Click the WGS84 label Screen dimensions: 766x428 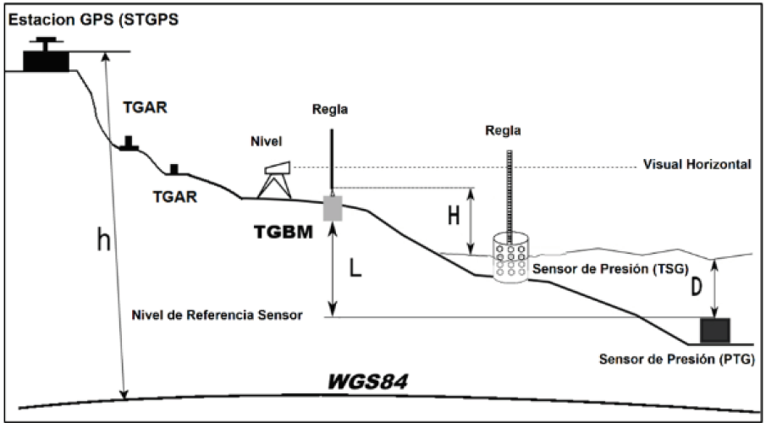[x=367, y=381]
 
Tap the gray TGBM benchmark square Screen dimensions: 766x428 [x=333, y=208]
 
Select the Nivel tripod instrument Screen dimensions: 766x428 [x=275, y=180]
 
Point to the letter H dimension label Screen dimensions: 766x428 [x=454, y=215]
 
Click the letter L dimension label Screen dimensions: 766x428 [x=355, y=267]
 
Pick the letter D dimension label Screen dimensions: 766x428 [x=696, y=287]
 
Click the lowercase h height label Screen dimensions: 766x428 [x=103, y=239]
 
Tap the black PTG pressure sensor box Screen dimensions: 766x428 [x=715, y=331]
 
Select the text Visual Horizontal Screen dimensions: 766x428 [x=697, y=164]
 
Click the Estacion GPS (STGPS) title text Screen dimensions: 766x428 [x=93, y=20]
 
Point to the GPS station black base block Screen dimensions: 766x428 [x=46, y=61]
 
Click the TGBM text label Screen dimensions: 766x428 [x=284, y=233]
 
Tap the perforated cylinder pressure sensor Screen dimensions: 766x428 [x=510, y=257]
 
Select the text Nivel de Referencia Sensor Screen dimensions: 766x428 [x=217, y=315]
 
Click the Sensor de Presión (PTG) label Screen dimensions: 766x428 [x=676, y=359]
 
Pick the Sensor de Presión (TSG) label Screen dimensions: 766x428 [x=610, y=269]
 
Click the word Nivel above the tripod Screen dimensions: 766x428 [x=267, y=141]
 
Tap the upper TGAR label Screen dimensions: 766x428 [x=145, y=107]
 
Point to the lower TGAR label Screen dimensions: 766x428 [x=175, y=197]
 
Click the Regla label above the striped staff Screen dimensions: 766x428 [x=503, y=131]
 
